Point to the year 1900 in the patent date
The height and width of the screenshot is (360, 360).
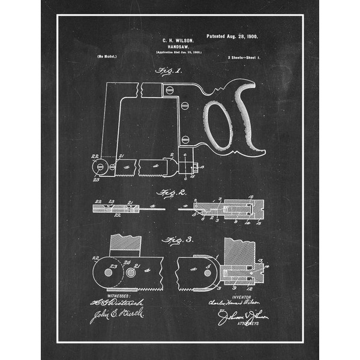[x=250, y=37]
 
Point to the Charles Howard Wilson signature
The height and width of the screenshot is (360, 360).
[x=241, y=303]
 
